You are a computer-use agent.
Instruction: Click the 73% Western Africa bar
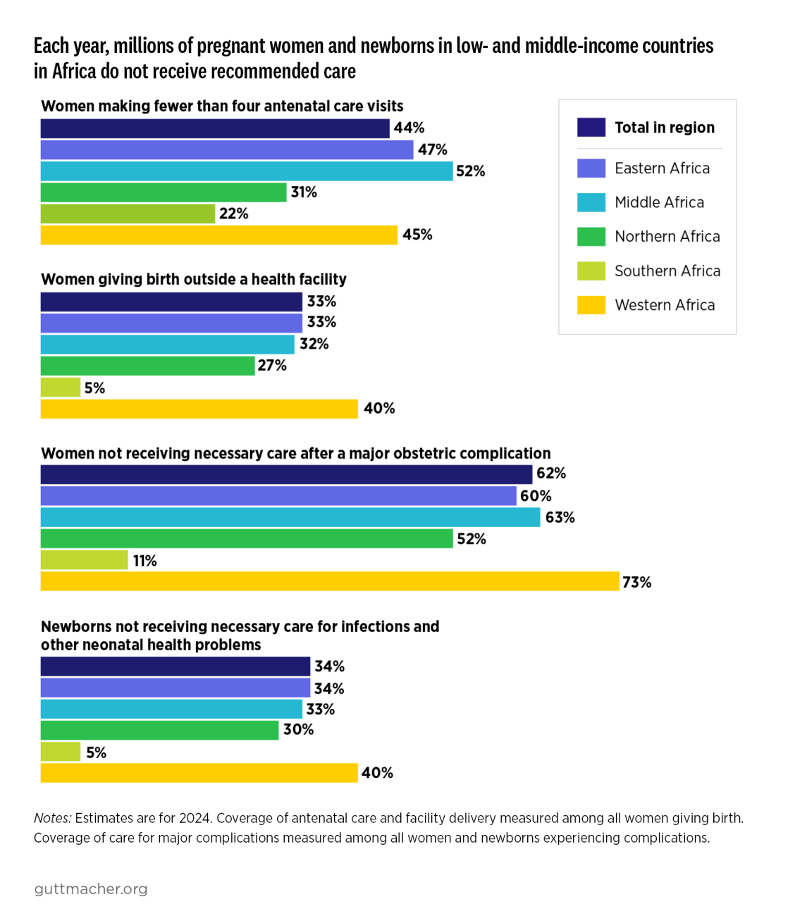pos(330,581)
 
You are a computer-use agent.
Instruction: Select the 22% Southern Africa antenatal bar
pos(128,213)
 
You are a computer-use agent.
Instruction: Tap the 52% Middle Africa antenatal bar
pos(247,171)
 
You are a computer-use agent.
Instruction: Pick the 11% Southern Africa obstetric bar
pos(84,560)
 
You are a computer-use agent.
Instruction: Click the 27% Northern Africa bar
pos(147,366)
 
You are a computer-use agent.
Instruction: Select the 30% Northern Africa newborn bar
pos(159,730)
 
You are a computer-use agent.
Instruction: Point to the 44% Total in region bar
pos(215,128)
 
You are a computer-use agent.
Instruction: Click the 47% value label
pos(432,149)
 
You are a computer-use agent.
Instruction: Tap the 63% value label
pos(560,517)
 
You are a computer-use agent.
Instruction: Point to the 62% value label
pos(550,473)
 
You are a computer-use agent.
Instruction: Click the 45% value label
pos(417,235)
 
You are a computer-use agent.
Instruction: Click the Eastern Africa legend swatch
pos(591,168)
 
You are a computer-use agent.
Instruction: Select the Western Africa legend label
pos(664,305)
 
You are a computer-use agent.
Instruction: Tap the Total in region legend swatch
pos(591,128)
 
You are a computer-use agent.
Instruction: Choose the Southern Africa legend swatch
pos(591,271)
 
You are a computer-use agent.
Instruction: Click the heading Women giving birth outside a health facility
pos(194,279)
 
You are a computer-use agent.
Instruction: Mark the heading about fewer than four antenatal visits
pos(222,106)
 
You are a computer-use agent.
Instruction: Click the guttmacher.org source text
pos(91,889)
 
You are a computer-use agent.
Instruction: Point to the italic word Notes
pos(52,818)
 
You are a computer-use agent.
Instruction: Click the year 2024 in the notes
pos(194,818)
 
